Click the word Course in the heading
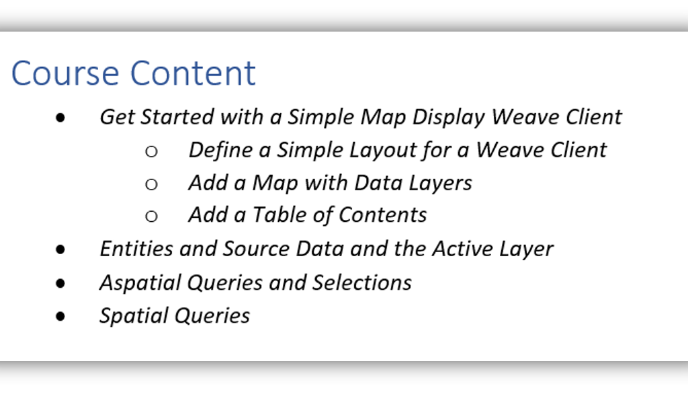65,73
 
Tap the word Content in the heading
193,73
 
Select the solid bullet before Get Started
60,118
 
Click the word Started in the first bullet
177,117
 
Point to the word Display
448,118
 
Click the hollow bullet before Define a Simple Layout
151,151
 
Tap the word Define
220,150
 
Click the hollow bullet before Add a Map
151,184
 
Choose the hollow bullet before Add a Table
151,216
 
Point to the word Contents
382,215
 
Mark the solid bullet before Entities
60,249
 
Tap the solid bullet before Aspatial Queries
60,283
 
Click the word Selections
362,283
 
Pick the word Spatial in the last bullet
134,316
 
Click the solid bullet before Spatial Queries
60,316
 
